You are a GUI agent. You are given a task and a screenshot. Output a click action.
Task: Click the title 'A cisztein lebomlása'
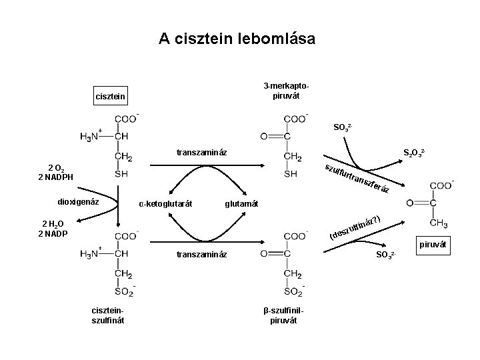237,39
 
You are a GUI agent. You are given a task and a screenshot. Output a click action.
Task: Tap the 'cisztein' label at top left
109,99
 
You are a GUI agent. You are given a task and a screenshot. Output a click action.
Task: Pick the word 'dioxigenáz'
79,201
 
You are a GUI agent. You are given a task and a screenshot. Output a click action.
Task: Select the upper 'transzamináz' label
201,153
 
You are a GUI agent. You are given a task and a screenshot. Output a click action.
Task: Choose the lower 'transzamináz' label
201,254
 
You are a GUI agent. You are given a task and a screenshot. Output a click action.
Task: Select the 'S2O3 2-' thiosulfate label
415,153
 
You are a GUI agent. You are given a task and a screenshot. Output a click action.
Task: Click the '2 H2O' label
53,225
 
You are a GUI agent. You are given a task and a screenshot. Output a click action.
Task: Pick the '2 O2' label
55,167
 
